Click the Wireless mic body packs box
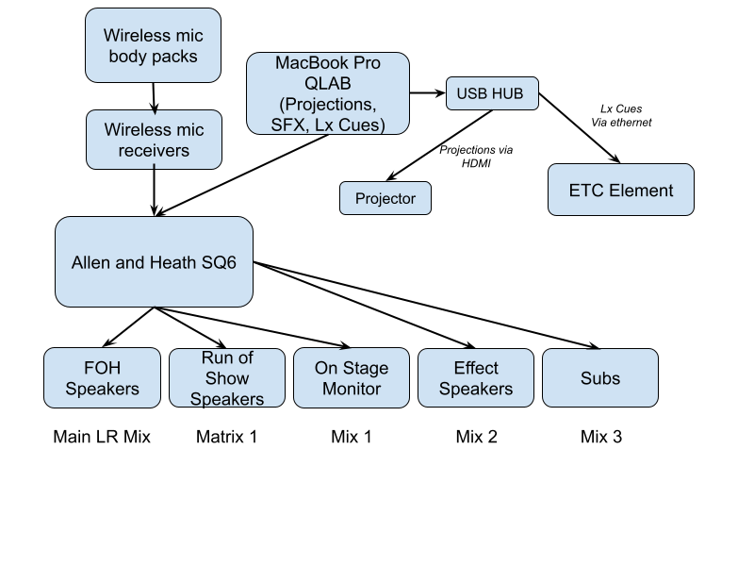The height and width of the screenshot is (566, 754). pyautogui.click(x=153, y=45)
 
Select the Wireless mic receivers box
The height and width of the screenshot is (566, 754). pyautogui.click(x=154, y=140)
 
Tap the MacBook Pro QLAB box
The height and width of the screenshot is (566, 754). pyautogui.click(x=328, y=93)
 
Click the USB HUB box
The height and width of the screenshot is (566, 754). pyautogui.click(x=492, y=93)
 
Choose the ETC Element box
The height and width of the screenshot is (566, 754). pyautogui.click(x=620, y=190)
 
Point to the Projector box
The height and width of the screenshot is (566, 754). pyautogui.click(x=385, y=198)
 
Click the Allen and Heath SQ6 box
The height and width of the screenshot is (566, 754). pyautogui.click(x=154, y=262)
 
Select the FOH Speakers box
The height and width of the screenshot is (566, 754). pyautogui.click(x=102, y=378)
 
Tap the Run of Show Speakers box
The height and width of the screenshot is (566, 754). pyautogui.click(x=227, y=378)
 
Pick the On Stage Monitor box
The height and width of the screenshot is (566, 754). pyautogui.click(x=352, y=378)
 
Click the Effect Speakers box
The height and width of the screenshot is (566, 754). pyautogui.click(x=476, y=378)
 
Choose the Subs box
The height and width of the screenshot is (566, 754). pyautogui.click(x=600, y=378)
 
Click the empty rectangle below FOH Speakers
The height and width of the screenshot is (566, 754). pyautogui.click(x=103, y=438)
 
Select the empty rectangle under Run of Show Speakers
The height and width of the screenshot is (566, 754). pyautogui.click(x=227, y=438)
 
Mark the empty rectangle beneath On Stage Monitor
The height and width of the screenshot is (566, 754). pyautogui.click(x=352, y=438)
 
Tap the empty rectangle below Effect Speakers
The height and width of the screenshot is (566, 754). pyautogui.click(x=476, y=438)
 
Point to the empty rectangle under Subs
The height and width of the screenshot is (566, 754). pyautogui.click(x=600, y=438)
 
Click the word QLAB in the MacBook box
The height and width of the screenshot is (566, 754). pyautogui.click(x=328, y=83)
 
